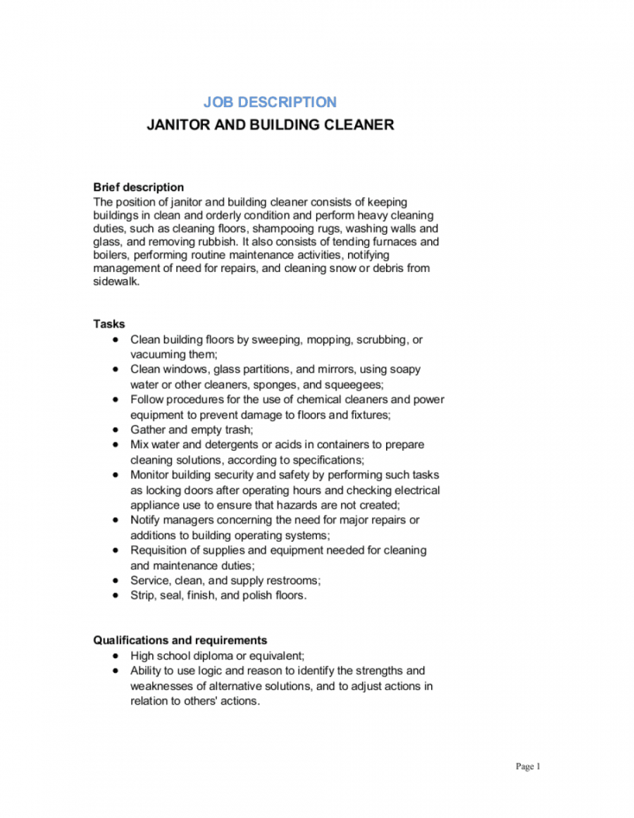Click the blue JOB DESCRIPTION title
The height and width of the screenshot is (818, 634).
pos(270,102)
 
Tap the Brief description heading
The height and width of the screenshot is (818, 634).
pos(139,187)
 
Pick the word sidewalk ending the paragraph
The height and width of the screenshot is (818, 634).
pos(116,282)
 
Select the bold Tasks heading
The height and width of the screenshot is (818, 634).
pos(109,324)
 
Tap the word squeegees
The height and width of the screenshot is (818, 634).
pos(354,384)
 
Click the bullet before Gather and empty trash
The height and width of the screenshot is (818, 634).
pos(116,430)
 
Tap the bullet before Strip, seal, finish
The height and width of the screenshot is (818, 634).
pos(116,596)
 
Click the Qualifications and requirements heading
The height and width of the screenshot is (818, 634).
pos(180,640)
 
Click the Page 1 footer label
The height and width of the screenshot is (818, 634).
pos(528,767)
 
